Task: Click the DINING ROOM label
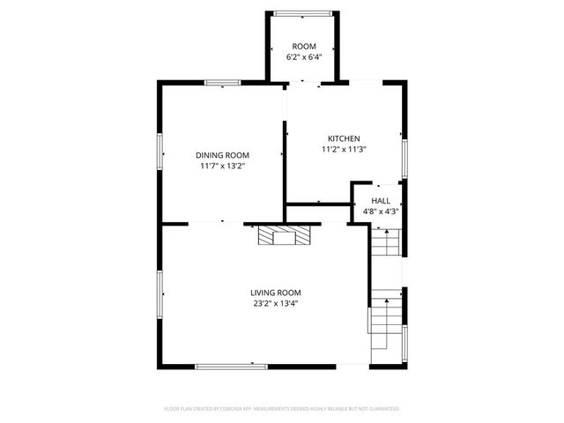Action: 222,154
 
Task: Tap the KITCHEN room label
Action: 344,138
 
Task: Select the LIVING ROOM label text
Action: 276,293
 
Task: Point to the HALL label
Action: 381,201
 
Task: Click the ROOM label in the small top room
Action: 304,46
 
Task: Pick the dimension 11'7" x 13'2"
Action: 222,166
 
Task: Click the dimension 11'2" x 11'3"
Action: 344,150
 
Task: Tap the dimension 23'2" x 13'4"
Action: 276,304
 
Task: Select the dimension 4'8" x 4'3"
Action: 381,211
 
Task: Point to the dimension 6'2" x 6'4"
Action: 304,57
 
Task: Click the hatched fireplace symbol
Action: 284,235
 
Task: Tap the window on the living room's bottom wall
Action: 231,366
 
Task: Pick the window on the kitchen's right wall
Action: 405,156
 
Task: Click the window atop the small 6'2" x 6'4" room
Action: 304,12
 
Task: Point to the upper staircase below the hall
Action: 384,241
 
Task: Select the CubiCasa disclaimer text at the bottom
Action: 282,409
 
